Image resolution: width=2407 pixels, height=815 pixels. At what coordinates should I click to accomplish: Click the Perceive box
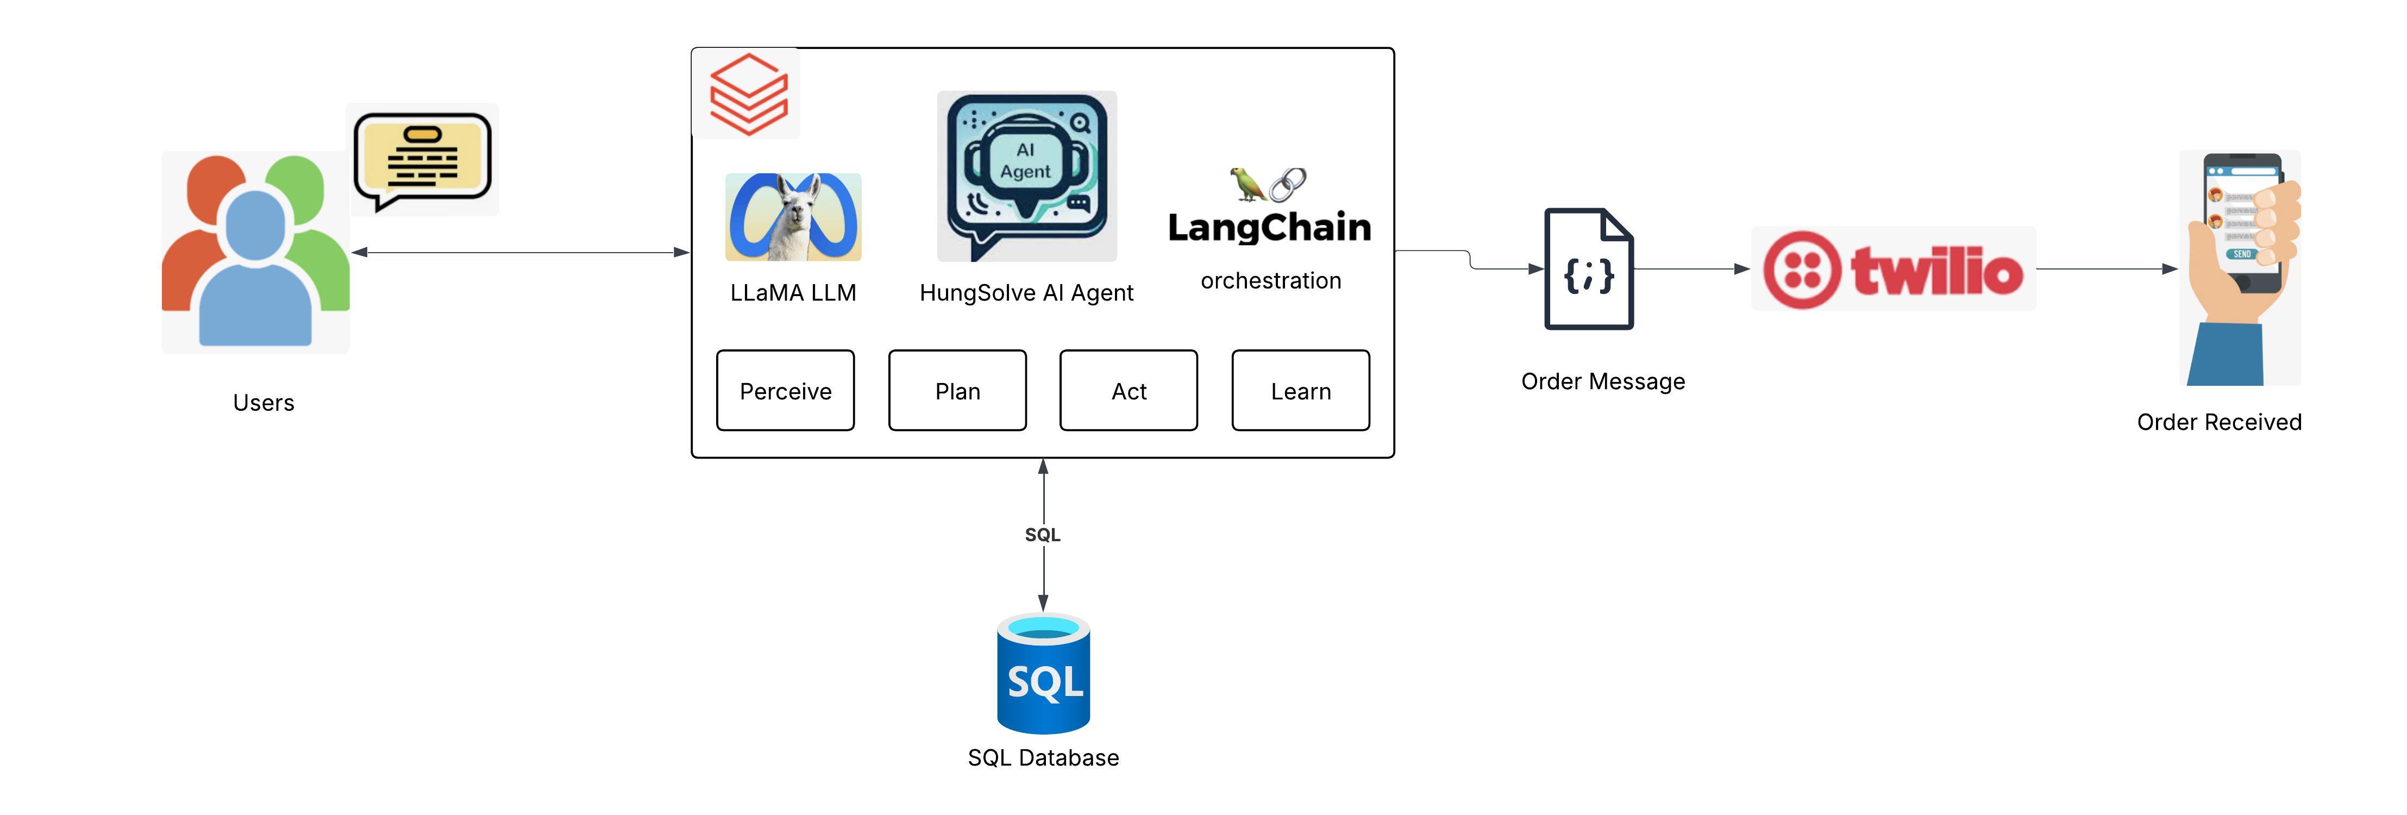pos(785,391)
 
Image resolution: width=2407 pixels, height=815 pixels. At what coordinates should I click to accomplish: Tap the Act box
pos(1128,391)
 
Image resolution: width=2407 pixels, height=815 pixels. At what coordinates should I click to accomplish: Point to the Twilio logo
pos(1893,269)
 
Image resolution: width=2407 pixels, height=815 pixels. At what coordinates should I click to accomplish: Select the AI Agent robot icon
pos(1026,175)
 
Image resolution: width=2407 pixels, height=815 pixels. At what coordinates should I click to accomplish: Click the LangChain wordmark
pos(1269,227)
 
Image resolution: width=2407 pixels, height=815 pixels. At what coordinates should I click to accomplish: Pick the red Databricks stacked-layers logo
pos(748,93)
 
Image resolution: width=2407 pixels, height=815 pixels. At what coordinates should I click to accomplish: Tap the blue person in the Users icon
pos(255,271)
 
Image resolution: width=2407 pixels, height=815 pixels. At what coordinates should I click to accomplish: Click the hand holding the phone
pos(2242,271)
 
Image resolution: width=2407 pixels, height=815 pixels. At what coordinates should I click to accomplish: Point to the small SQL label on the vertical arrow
pos(1043,535)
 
